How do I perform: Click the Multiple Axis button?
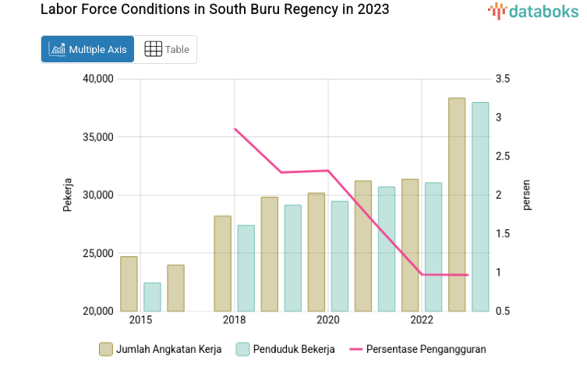(x=87, y=49)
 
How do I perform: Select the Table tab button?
(x=167, y=49)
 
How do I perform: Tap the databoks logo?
(x=533, y=11)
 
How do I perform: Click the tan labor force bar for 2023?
(x=457, y=204)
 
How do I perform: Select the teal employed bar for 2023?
(x=480, y=206)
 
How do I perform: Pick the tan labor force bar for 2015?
(x=129, y=284)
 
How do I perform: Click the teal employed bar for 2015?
(x=152, y=297)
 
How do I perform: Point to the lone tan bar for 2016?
(x=175, y=287)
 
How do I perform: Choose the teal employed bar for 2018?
(x=246, y=268)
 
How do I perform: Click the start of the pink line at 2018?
(x=235, y=129)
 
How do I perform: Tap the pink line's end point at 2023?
(x=468, y=275)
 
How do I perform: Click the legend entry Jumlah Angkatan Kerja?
(x=161, y=349)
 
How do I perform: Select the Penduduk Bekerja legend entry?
(x=285, y=349)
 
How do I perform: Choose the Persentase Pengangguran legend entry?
(x=418, y=349)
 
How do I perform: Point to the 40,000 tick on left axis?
(x=97, y=79)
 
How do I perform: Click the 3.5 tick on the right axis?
(x=502, y=79)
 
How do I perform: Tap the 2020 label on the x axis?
(x=327, y=320)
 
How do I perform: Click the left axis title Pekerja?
(x=68, y=195)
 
